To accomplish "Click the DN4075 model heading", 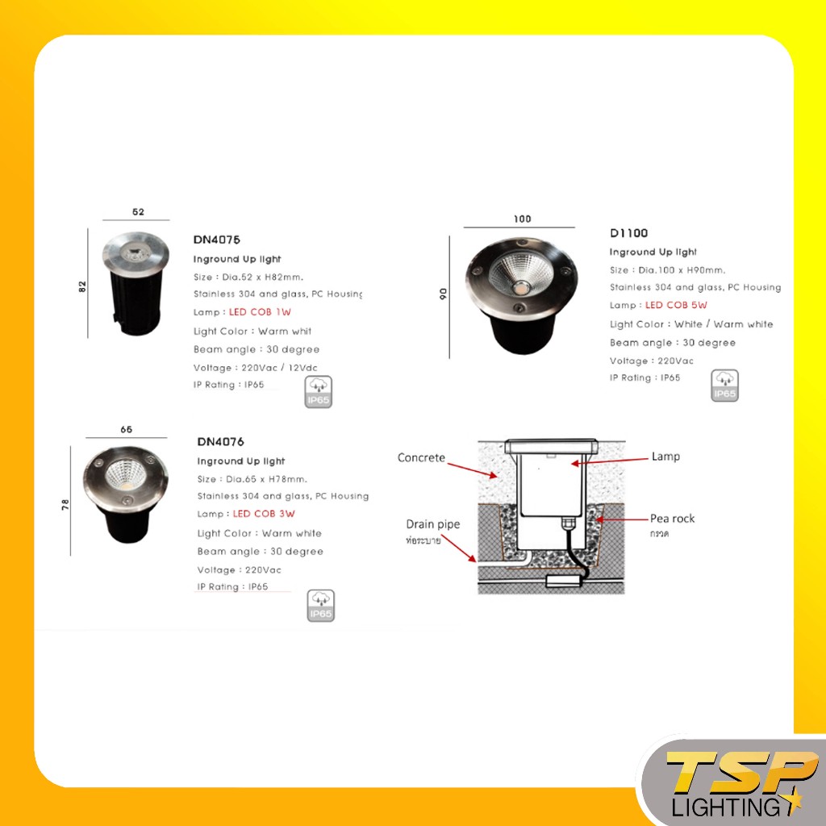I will pos(217,240).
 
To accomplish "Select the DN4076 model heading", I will pos(220,442).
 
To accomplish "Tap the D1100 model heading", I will pos(628,233).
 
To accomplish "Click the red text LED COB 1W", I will pos(260,312).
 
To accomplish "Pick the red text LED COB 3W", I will pos(264,514).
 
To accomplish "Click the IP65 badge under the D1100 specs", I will pos(724,386).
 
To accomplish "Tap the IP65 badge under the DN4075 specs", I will pos(319,392).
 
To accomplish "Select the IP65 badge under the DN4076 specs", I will pos(321,606).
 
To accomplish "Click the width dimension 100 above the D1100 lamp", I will pos(522,219).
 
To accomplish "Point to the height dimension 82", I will pos(82,286).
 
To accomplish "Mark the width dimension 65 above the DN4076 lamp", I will pos(126,430).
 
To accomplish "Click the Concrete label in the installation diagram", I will pos(421,457).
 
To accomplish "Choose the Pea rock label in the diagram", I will pos(672,518).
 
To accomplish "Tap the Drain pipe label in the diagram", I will pos(432,524).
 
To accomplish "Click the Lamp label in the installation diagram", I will pos(665,457).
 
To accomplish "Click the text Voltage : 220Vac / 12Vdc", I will pos(256,368).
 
